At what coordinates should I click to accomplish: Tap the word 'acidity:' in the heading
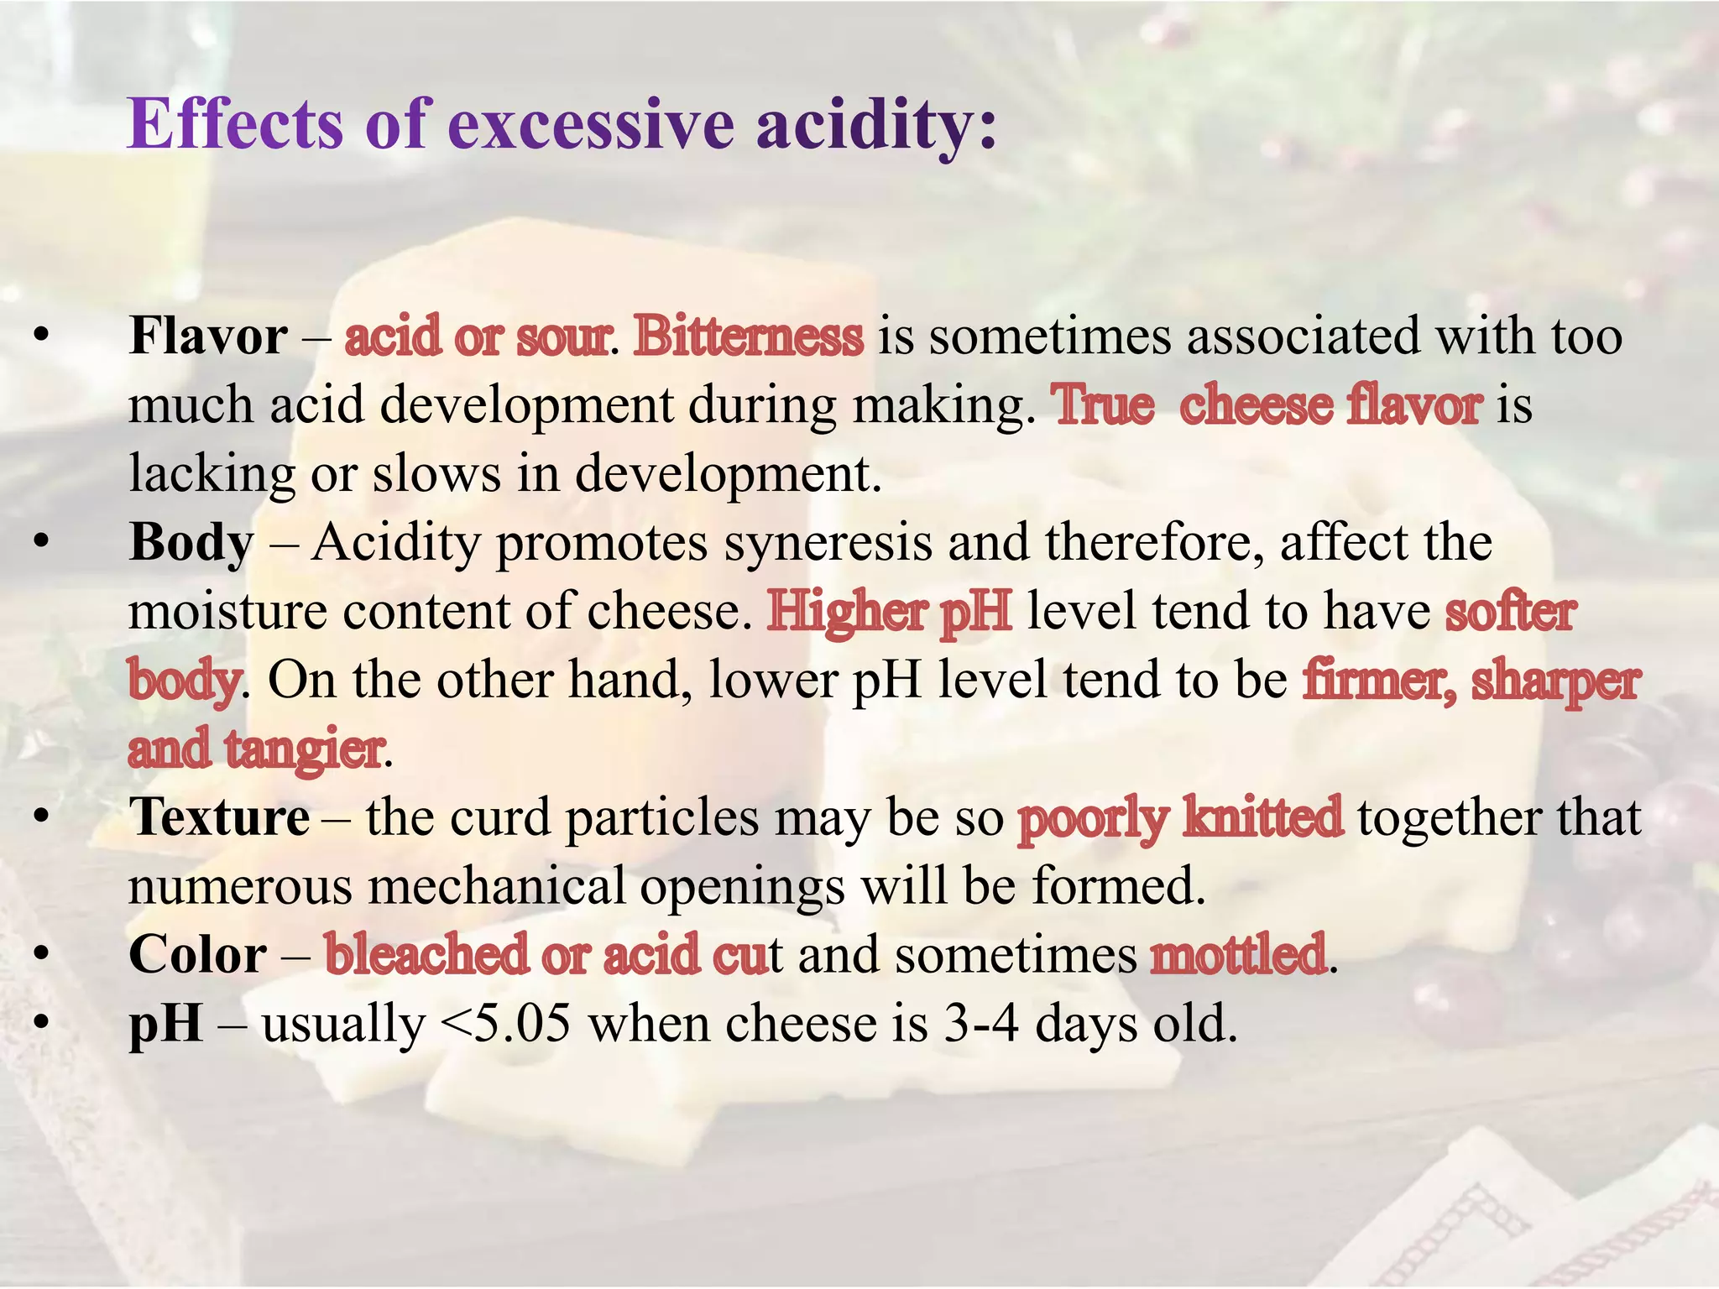[x=876, y=124]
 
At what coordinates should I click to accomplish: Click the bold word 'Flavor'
[x=208, y=337]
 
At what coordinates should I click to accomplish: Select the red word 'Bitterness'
[x=748, y=337]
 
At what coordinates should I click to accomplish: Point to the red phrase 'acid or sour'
[x=477, y=337]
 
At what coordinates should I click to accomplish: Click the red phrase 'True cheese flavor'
[x=1267, y=405]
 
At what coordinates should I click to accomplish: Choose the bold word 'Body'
[x=191, y=543]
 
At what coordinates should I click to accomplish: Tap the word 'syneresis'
[x=828, y=543]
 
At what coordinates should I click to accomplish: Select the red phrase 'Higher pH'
[x=889, y=611]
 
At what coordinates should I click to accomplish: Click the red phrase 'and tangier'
[x=256, y=749]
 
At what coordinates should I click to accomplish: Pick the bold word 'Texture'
[x=219, y=817]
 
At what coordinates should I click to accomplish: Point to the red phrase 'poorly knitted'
[x=1179, y=817]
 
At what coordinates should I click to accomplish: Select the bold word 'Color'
[x=197, y=955]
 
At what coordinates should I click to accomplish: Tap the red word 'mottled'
[x=1238, y=955]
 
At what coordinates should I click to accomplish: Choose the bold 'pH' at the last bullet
[x=165, y=1024]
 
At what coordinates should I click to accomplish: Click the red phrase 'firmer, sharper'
[x=1471, y=680]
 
